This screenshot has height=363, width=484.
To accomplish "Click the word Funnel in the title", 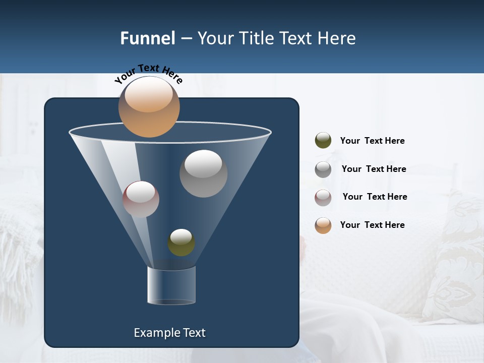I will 148,38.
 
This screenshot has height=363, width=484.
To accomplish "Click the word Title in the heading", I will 256,38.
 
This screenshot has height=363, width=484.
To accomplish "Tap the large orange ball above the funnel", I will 149,107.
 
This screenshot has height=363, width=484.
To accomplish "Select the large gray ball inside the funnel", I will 203,173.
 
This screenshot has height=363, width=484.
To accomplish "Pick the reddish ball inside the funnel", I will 141,199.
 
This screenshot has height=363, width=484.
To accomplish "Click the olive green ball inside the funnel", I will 181,243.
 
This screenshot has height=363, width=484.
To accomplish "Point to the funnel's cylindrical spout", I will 171,285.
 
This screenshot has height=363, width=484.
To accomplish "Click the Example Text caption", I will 169,333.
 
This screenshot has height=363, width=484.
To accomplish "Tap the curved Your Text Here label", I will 148,74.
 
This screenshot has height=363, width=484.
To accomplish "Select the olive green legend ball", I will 323,141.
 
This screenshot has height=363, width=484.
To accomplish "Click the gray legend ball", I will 323,169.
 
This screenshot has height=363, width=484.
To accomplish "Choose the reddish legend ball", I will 323,197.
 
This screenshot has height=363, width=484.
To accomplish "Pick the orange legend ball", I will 323,225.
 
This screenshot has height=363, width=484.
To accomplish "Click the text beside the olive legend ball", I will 372,141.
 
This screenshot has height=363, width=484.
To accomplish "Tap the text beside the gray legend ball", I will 374,169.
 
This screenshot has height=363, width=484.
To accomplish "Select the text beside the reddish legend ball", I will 375,197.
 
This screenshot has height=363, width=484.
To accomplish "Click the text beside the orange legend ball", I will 372,225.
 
